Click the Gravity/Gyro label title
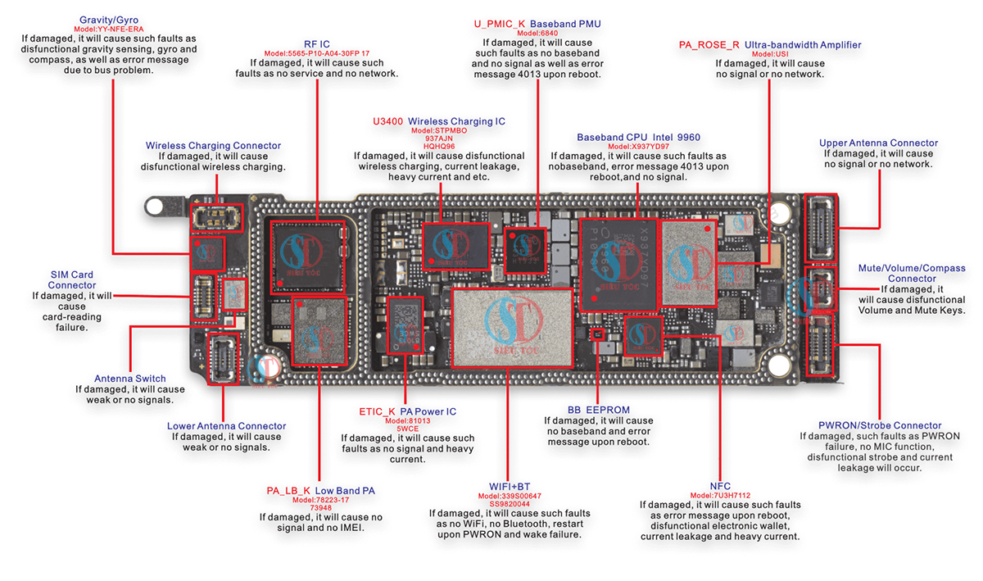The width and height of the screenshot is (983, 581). tap(109, 19)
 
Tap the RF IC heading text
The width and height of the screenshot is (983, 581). tap(316, 43)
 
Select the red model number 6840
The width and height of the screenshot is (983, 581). tap(537, 34)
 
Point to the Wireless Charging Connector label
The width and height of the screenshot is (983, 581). tap(213, 146)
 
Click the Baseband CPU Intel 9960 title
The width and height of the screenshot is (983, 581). tap(638, 137)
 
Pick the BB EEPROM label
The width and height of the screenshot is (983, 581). tap(598, 410)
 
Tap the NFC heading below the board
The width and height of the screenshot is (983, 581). tap(720, 486)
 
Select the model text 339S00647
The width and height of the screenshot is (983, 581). tap(509, 496)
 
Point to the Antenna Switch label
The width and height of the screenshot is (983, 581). tap(130, 379)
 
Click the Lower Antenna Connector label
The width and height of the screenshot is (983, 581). tap(226, 426)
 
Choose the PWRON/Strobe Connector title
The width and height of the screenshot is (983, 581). tap(880, 425)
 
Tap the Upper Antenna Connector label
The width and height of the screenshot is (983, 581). tap(878, 143)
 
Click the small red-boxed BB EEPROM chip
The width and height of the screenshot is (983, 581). tap(596, 334)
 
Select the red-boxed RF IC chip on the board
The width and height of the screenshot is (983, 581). tap(307, 253)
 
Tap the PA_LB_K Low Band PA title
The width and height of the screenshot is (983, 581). tap(320, 491)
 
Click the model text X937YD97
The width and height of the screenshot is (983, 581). tap(638, 147)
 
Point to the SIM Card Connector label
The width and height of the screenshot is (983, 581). tap(71, 280)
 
